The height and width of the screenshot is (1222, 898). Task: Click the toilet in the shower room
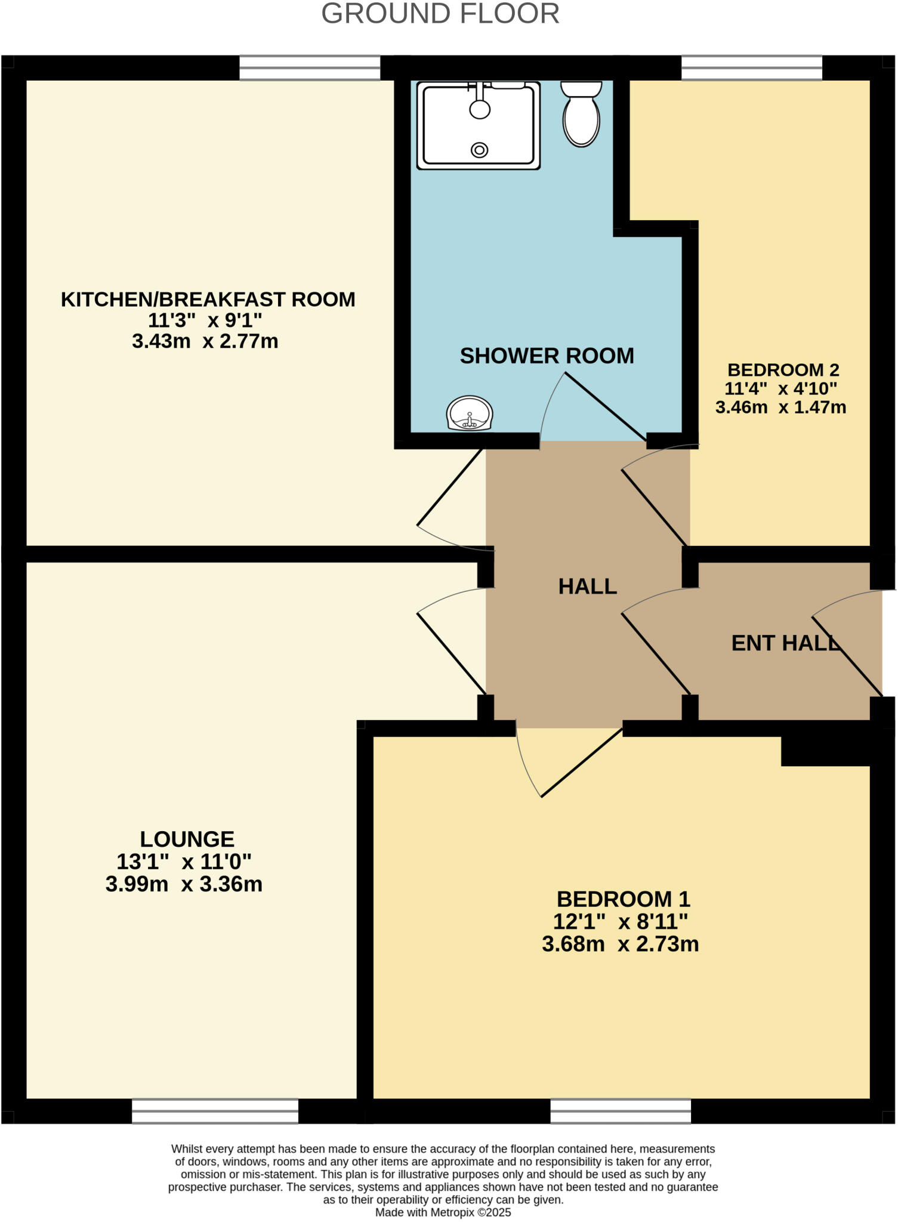[x=581, y=114]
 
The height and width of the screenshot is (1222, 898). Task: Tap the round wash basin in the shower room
[x=470, y=413]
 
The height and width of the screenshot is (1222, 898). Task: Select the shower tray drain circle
[x=479, y=150]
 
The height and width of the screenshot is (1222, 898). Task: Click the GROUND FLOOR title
[x=440, y=14]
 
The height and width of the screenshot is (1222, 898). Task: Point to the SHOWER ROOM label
[x=547, y=356]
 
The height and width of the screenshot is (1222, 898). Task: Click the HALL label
[x=588, y=587]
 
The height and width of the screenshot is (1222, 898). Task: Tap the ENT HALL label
[x=786, y=643]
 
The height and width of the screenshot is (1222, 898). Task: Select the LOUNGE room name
[x=187, y=839]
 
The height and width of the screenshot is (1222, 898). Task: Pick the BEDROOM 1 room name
[x=623, y=899]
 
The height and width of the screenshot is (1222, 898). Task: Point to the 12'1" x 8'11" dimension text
[x=621, y=922]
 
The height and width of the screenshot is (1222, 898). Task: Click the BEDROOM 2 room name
[x=783, y=370]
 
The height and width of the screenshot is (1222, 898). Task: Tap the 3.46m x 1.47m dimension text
[x=780, y=408]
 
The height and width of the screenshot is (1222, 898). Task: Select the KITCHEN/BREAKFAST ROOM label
[x=208, y=299]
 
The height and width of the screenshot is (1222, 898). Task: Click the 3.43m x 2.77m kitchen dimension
[x=205, y=341]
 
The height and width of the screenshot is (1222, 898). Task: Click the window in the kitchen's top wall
[x=310, y=67]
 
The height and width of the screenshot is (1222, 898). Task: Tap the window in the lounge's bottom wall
[x=215, y=1111]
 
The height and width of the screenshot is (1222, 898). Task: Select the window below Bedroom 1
[x=621, y=1111]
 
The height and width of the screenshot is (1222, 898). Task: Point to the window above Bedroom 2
[x=752, y=67]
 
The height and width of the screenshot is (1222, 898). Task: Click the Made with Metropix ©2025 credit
[x=443, y=1212]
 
